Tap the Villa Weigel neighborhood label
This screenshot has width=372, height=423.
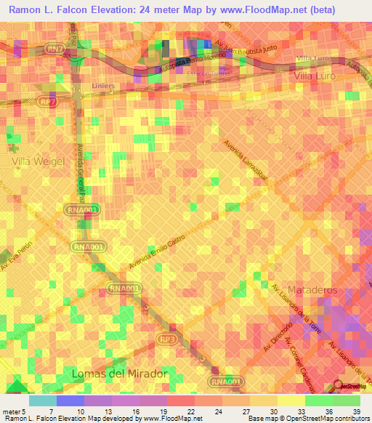(x=38, y=161)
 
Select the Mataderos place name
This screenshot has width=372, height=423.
(x=313, y=290)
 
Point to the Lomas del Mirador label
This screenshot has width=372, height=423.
(x=119, y=373)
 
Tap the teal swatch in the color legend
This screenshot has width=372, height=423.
(x=43, y=400)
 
